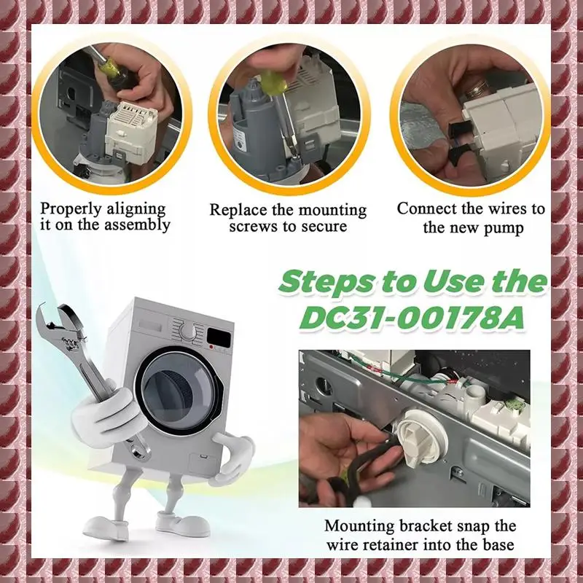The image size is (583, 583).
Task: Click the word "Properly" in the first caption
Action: point(71,210)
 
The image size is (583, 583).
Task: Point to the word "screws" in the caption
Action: point(251,227)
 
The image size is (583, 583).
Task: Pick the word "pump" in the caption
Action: point(503,228)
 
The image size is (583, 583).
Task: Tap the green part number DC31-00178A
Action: point(412,318)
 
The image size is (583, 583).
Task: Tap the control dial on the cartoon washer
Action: point(189,329)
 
